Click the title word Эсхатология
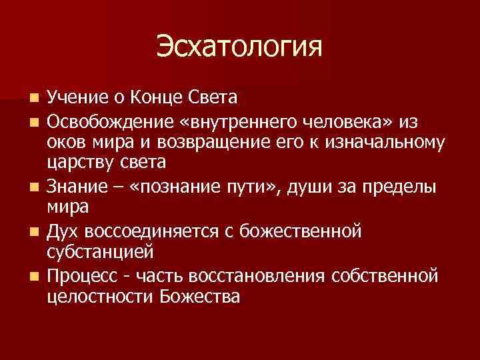[x=239, y=47]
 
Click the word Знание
[x=75, y=186]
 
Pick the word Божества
[x=200, y=297]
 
